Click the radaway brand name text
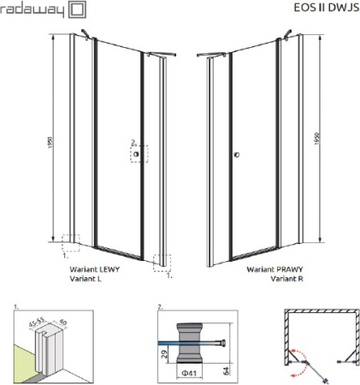click(x=32, y=11)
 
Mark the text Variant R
click(x=283, y=277)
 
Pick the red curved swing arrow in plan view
click(x=297, y=357)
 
